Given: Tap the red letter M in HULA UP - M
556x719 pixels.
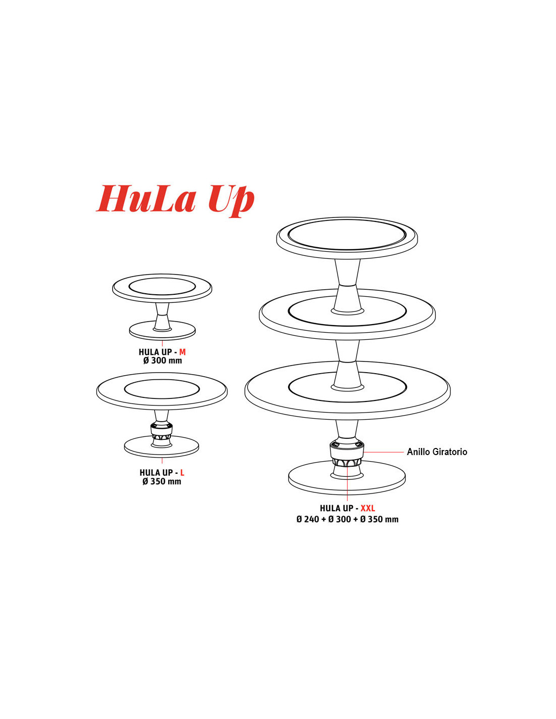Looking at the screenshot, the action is tap(182, 352).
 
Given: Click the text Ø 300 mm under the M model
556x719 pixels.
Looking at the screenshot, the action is tap(162, 361).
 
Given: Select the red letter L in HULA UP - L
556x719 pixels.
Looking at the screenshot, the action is tap(182, 472).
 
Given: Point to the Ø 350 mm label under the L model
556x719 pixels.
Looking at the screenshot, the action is tap(162, 481).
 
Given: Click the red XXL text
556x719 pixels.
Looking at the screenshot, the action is tap(368, 508).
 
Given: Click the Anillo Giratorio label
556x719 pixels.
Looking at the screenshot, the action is tap(437, 452).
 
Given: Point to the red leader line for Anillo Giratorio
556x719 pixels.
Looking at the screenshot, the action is tap(384, 452).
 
